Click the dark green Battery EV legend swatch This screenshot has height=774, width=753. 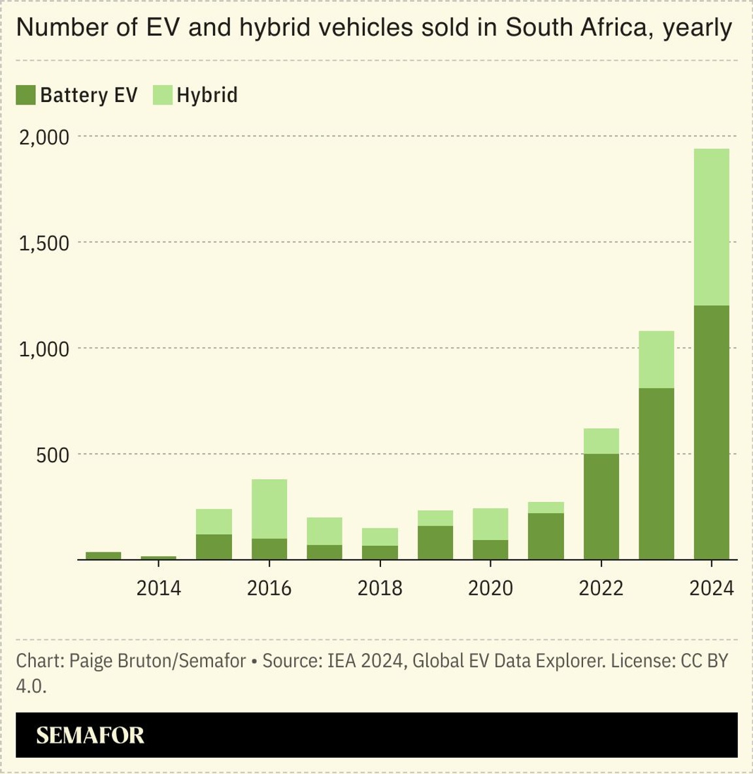pos(25,95)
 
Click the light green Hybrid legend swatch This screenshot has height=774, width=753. pos(162,95)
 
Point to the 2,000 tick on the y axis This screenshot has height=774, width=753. pos(44,137)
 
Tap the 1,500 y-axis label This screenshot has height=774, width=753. pos(44,243)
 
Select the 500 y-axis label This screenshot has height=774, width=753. pos(52,455)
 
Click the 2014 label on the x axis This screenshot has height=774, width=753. pos(158,588)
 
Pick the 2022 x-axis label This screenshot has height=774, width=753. pos(601,588)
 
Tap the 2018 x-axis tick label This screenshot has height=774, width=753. pos(380,588)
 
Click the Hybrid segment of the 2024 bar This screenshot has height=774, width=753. pos(711,227)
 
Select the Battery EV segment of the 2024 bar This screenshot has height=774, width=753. pos(711,431)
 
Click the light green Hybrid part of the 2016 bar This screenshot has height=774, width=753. pos(269,509)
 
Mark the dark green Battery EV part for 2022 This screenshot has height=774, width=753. pos(601,507)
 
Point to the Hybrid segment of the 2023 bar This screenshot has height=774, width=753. pos(656,360)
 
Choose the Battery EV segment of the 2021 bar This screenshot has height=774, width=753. pos(546,536)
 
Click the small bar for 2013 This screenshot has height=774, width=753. pos(103,556)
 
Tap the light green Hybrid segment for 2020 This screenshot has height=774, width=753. pos(490,524)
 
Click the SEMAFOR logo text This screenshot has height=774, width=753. pos(90,735)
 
